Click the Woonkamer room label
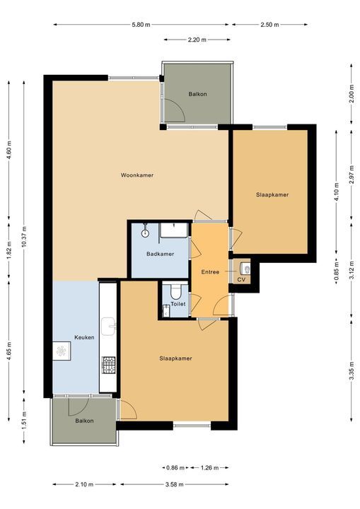tap(137, 175)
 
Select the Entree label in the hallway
tap(210, 271)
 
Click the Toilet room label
tap(178, 304)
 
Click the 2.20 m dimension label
tap(197, 40)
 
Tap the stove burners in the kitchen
tap(109, 365)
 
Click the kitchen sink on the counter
tap(108, 326)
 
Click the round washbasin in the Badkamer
tap(145, 230)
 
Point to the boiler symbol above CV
tap(245, 268)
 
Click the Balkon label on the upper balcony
tap(197, 94)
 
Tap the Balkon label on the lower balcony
tap(83, 421)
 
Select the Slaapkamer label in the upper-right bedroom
tap(272, 194)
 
